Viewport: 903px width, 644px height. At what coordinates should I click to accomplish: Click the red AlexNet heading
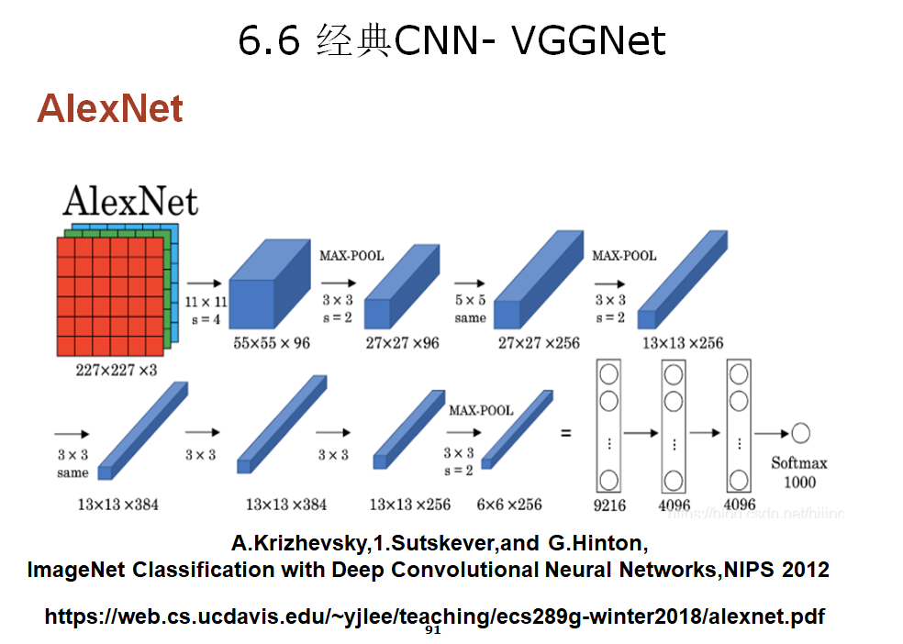click(110, 109)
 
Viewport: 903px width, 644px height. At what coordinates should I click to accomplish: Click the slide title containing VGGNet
click(451, 41)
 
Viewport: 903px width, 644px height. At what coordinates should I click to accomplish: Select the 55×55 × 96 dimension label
click(273, 342)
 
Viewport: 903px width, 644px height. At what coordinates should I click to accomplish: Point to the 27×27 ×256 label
click(539, 342)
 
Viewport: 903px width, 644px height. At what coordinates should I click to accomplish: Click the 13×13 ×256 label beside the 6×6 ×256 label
click(410, 504)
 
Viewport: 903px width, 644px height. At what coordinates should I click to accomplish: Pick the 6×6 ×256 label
click(508, 504)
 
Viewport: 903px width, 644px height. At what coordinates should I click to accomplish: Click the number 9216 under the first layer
click(609, 504)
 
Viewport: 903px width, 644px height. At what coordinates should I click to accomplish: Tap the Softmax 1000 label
click(799, 472)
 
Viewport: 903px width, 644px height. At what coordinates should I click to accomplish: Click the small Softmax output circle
click(800, 433)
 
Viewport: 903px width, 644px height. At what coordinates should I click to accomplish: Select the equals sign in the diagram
click(565, 432)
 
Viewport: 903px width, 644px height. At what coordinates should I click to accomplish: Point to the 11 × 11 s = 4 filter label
click(205, 309)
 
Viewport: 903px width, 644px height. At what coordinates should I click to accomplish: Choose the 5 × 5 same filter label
click(470, 309)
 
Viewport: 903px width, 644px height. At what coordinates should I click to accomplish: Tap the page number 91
click(434, 631)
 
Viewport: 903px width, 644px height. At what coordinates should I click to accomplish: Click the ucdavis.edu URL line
click(434, 616)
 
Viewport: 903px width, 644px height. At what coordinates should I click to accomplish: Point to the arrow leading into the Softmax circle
click(770, 433)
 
